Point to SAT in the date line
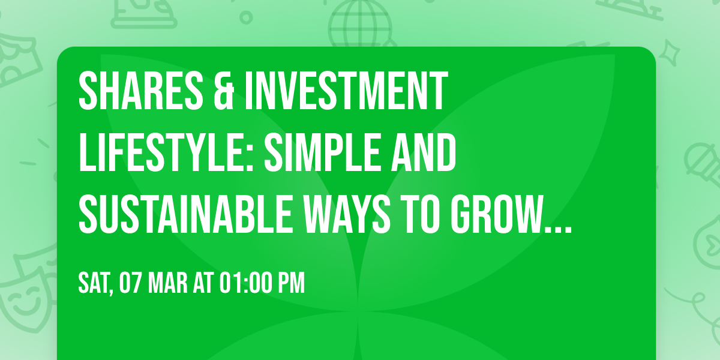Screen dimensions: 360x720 (x=95, y=284)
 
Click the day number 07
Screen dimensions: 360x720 (x=131, y=284)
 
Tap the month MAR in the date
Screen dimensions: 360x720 (x=169, y=284)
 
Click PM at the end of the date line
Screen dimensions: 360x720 (x=290, y=284)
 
